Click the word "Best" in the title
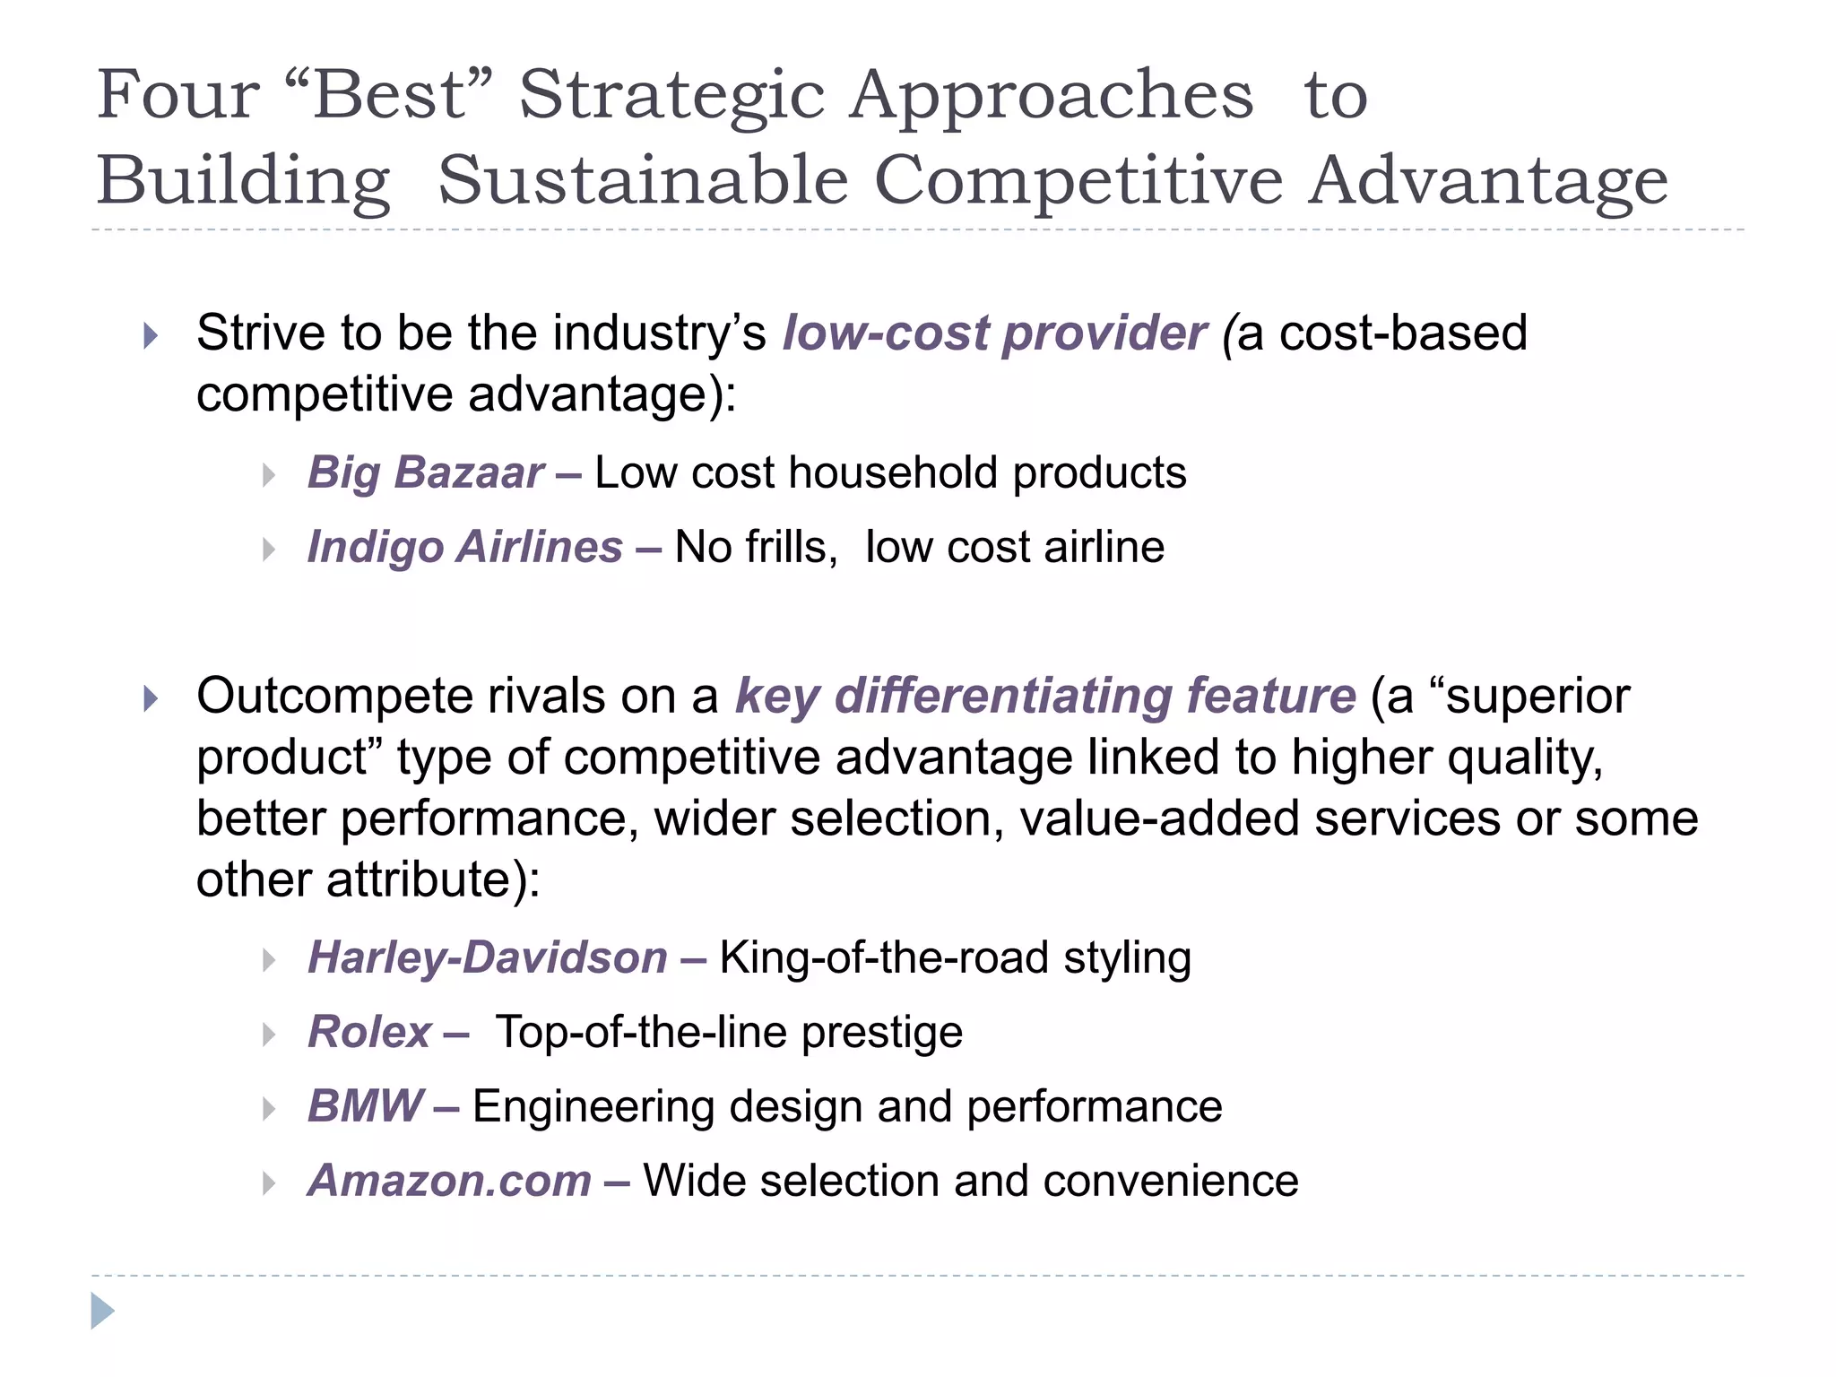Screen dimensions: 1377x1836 [x=389, y=95]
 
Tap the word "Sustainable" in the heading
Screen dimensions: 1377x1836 [x=643, y=181]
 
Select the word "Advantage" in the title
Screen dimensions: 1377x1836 [x=1487, y=181]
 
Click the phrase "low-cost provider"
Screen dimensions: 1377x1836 [x=994, y=333]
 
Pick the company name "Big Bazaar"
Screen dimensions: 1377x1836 [x=426, y=472]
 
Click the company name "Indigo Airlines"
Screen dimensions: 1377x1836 [x=464, y=547]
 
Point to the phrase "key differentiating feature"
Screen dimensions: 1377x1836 [x=1045, y=697]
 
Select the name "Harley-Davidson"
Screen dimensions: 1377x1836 [x=488, y=957]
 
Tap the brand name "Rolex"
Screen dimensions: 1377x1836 [x=369, y=1032]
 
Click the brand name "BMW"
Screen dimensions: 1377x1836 [x=365, y=1106]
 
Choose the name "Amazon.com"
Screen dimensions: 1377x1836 [x=449, y=1181]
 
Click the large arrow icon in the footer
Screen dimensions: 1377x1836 [x=102, y=1311]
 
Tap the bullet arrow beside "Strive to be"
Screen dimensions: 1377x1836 [x=151, y=337]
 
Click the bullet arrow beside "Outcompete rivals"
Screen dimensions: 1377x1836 [x=151, y=699]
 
